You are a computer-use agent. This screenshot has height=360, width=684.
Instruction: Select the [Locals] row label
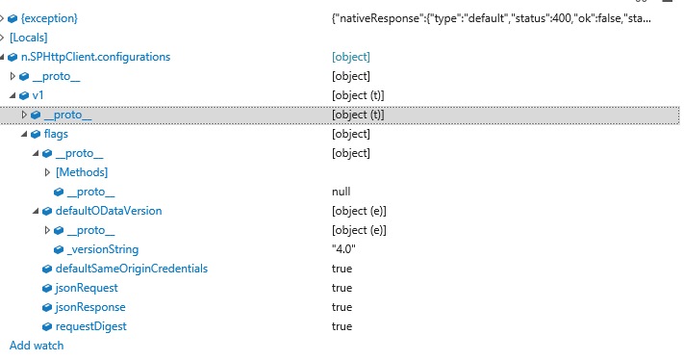pos(28,38)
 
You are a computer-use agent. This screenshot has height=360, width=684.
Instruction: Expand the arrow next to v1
pos(13,95)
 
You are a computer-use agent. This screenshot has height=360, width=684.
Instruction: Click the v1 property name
pos(38,95)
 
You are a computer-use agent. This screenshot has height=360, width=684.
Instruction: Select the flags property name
pos(56,134)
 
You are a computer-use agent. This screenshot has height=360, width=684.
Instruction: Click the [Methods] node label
pos(82,172)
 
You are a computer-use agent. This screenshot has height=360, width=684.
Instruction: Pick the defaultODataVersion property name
pos(108,211)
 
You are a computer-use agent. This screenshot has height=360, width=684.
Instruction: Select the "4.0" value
pos(345,249)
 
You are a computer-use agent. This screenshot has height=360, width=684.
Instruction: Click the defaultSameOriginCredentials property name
pos(131,269)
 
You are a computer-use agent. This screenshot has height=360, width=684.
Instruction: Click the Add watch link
pos(37,345)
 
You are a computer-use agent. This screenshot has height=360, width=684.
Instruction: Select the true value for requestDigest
pos(342,326)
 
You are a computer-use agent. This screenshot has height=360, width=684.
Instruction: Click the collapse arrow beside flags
pos(24,134)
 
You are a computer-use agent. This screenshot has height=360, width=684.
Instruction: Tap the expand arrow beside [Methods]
pos(47,172)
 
